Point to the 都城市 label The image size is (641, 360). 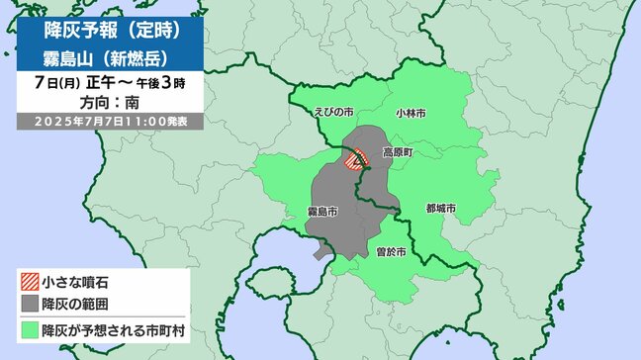[x=440, y=209]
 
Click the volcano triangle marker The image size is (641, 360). [x=358, y=163]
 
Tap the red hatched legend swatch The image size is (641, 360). [x=30, y=284]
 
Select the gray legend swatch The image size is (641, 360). [x=30, y=303]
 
